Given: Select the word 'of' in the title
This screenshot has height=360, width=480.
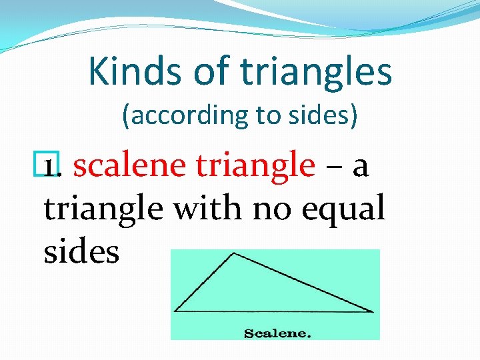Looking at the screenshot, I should [207, 72].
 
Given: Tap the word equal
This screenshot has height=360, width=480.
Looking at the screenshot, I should [343, 209].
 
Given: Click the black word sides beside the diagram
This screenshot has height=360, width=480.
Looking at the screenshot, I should [81, 251].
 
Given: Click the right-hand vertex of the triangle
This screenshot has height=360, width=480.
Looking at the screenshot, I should [372, 311].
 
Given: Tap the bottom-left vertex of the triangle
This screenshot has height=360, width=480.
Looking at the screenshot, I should [175, 311].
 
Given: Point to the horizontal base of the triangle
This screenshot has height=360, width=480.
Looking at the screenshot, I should [273, 311].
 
